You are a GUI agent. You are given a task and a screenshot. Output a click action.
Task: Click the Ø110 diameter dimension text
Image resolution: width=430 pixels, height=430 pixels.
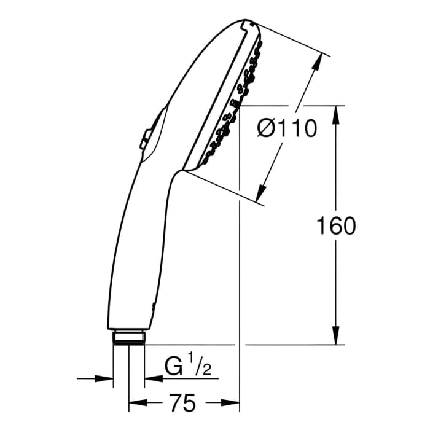[x=287, y=128]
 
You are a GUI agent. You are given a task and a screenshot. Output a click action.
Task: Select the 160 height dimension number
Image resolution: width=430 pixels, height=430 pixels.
[x=335, y=226]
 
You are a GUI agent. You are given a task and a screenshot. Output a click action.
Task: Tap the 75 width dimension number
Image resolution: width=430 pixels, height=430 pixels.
[x=182, y=404]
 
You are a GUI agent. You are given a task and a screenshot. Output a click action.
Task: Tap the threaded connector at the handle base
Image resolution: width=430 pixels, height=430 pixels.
[x=128, y=338]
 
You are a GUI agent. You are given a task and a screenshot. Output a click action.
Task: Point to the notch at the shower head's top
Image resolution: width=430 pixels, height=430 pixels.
[x=248, y=23]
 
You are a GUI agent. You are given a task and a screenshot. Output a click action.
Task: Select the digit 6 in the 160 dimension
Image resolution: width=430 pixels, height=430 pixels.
[x=335, y=226]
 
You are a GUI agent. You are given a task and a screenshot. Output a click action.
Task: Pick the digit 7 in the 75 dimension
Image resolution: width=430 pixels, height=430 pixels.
[x=174, y=404]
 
